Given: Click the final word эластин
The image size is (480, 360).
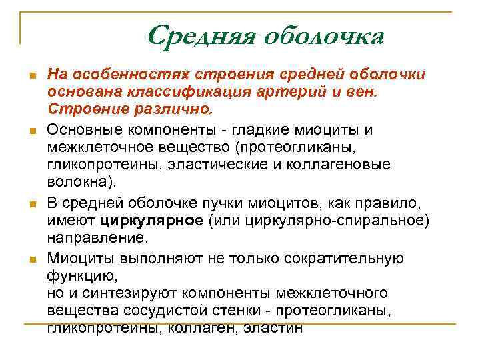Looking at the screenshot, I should click(x=273, y=327).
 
